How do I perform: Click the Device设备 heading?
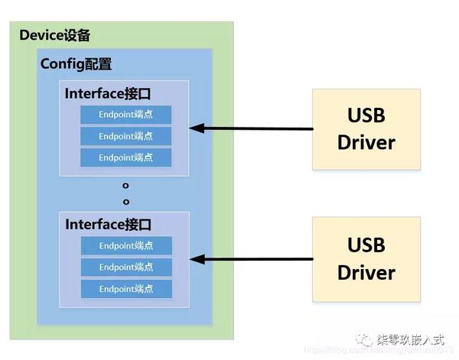54,35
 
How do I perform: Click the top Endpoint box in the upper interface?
125,115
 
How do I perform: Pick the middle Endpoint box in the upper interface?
125,136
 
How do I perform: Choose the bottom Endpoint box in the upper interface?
125,157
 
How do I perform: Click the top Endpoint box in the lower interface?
125,246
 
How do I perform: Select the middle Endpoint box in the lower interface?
125,268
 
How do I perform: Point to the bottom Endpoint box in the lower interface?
125,289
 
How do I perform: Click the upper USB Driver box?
366,129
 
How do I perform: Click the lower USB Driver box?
366,259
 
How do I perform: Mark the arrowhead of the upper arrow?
196,128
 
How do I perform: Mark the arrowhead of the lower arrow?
196,259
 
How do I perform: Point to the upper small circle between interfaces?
125,186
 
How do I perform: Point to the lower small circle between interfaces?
125,202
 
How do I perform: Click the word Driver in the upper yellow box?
366,142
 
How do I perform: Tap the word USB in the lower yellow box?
366,245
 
